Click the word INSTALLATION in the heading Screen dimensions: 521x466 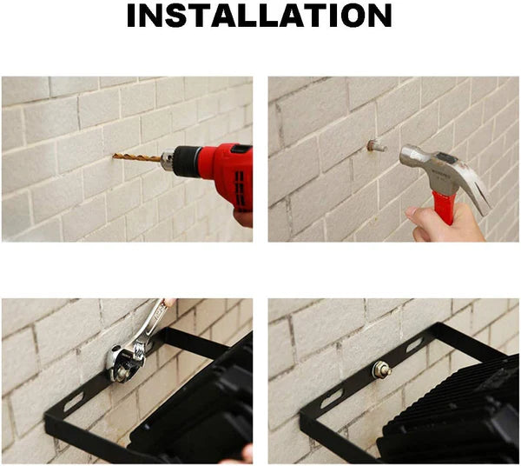(260, 16)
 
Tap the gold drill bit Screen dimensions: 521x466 (136, 157)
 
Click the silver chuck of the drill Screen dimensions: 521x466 (168, 160)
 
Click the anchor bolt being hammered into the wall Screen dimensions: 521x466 (377, 146)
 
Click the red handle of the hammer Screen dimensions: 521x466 (445, 207)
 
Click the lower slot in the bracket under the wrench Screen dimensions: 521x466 (74, 402)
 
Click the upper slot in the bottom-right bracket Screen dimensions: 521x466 (415, 345)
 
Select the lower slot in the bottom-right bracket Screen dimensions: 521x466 (332, 398)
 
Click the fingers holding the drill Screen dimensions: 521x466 (243, 218)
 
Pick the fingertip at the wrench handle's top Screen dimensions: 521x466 (170, 302)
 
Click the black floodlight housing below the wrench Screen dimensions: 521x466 (200, 406)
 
